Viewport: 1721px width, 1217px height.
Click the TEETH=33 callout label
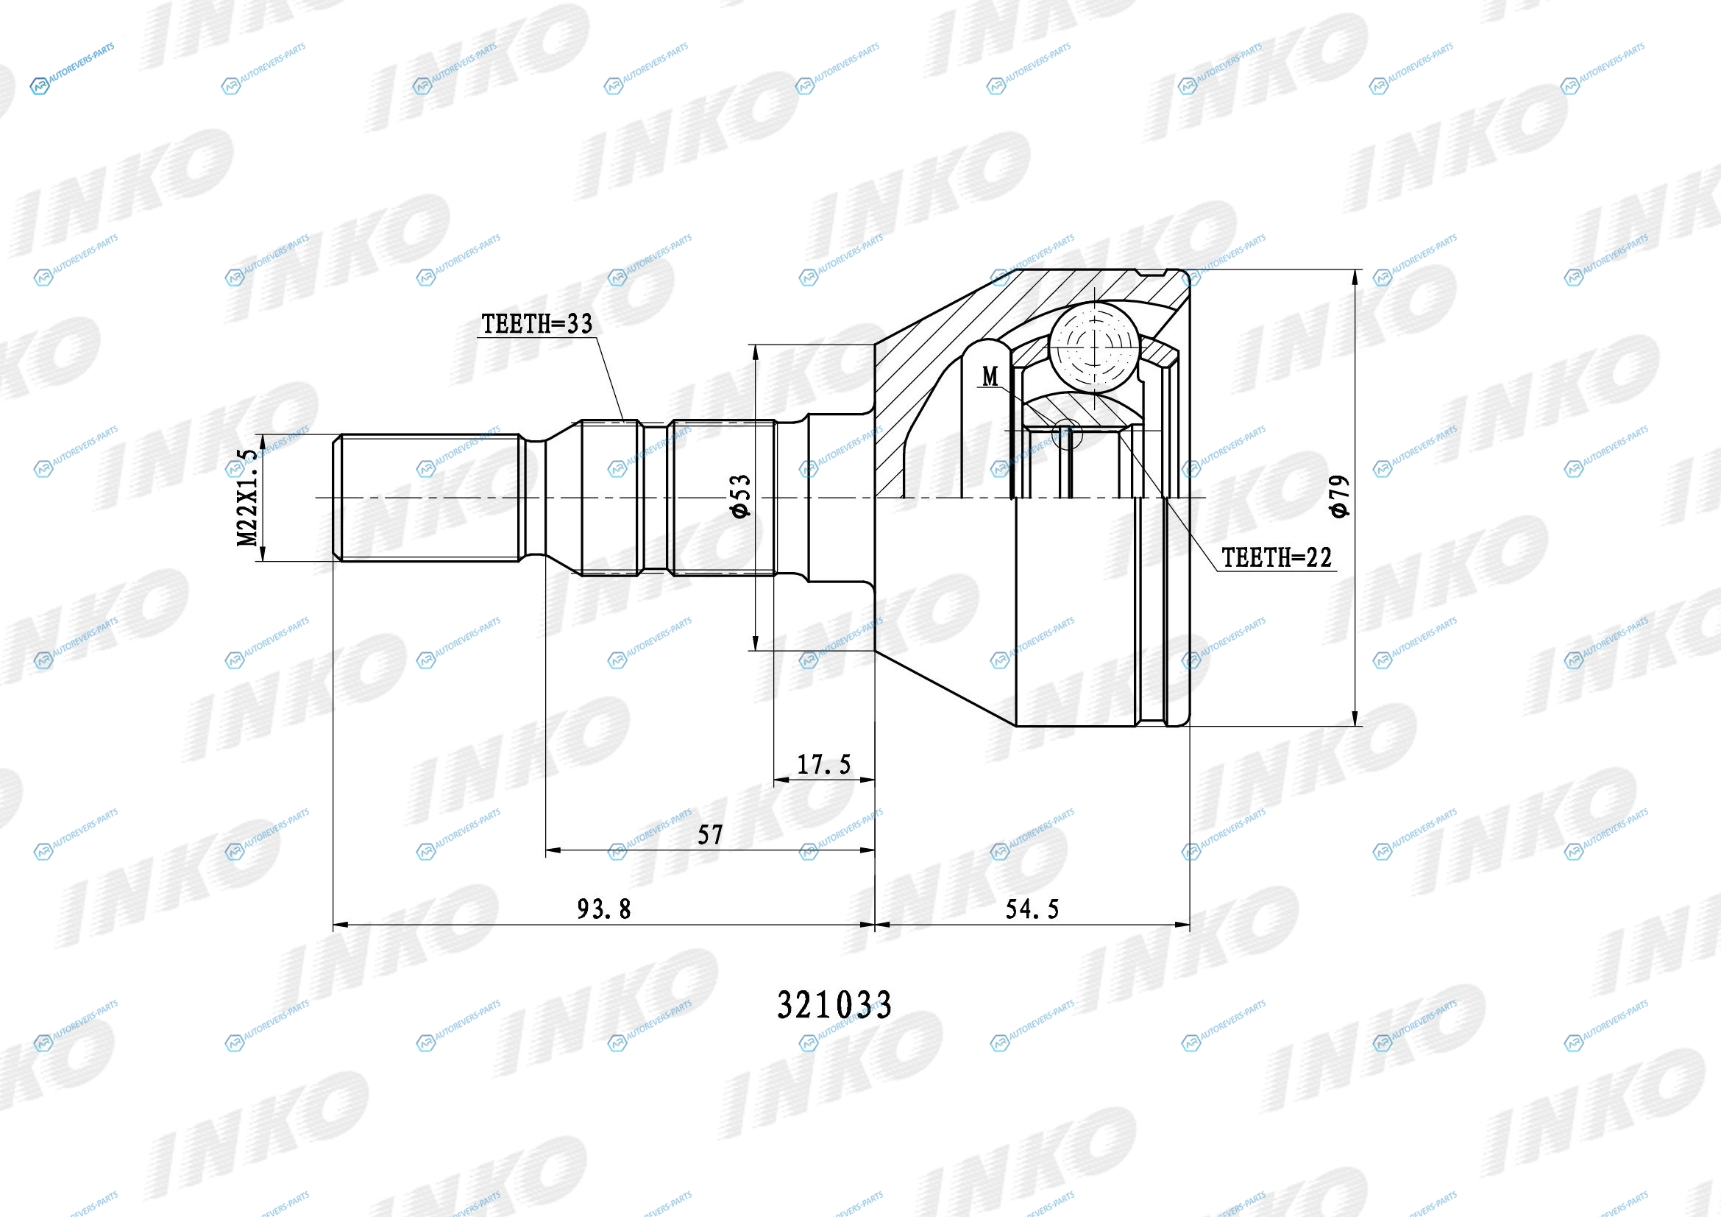point(536,324)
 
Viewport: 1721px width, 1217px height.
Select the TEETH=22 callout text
point(1277,557)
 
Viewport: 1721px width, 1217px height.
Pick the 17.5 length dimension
point(824,764)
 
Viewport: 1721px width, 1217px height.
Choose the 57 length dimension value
point(710,835)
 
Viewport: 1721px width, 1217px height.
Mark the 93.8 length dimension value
point(603,909)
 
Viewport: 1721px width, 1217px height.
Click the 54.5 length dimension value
point(1032,909)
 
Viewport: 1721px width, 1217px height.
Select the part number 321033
point(834,1005)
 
